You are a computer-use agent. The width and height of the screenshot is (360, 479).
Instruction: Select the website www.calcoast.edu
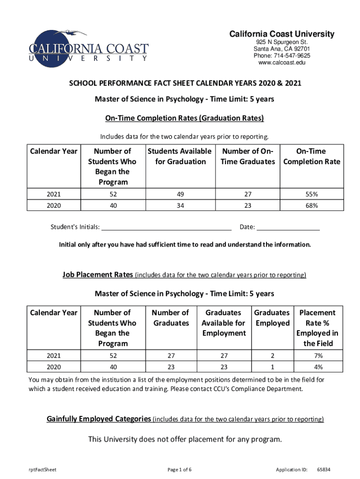[281, 63]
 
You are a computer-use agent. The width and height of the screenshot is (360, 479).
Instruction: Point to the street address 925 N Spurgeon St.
[281, 42]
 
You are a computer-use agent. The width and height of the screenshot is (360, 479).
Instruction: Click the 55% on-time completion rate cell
[312, 194]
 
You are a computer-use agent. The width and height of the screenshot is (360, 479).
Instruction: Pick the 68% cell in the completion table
[312, 205]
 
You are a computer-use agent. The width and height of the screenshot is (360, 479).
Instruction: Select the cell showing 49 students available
[180, 194]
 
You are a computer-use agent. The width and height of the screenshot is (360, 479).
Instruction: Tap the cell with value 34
[180, 205]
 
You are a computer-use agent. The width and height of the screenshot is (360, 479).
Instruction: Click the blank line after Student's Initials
[166, 228]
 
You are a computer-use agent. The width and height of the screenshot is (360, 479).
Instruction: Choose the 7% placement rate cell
[318, 355]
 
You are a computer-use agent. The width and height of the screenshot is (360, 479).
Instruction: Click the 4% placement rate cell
[318, 367]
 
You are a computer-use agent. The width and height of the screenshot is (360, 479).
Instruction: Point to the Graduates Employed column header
[272, 318]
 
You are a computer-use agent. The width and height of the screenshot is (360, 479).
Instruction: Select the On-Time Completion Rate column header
[312, 156]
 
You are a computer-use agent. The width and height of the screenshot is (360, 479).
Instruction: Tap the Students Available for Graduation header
[180, 156]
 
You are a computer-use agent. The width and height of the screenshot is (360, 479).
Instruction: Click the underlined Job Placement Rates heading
[98, 275]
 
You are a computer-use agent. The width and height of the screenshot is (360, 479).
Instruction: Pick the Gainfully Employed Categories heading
[99, 419]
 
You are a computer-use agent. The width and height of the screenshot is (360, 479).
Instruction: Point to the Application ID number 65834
[324, 469]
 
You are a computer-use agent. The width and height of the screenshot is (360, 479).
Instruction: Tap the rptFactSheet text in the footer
[43, 469]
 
